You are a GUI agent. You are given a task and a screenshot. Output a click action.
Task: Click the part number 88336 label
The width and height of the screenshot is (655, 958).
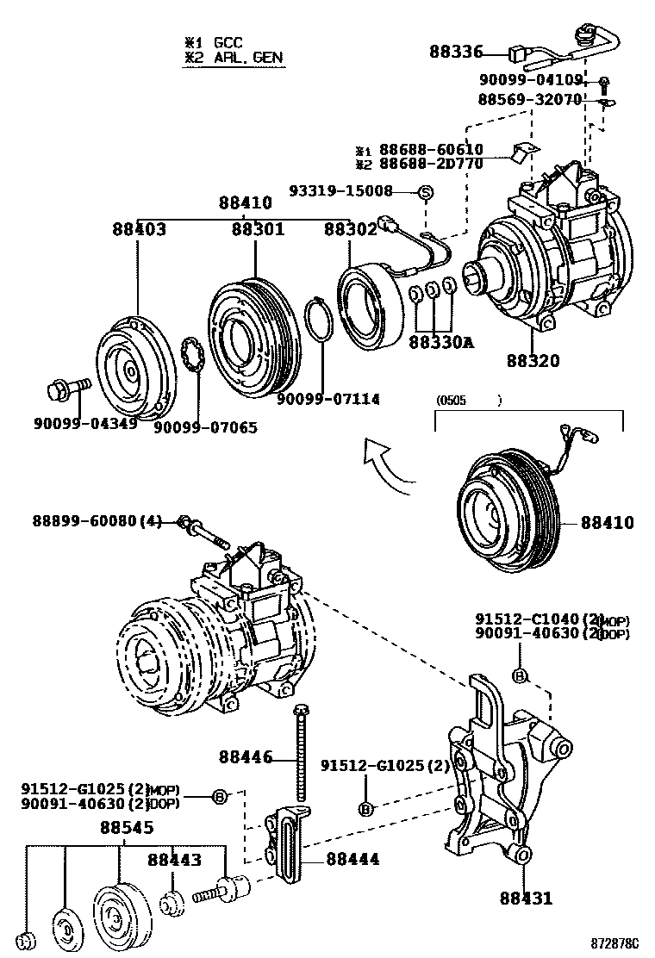pos(457,52)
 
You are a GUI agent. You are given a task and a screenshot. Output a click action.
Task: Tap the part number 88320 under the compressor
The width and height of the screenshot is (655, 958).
pos(533,361)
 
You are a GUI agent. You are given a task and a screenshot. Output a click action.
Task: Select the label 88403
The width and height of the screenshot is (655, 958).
pos(139,229)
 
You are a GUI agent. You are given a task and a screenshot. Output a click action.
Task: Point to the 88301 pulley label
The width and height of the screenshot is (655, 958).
pos(257,229)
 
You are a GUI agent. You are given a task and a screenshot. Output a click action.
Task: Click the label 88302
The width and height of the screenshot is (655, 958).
pos(350,229)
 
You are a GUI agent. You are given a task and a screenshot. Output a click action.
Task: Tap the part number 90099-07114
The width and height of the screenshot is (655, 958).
pos(328,399)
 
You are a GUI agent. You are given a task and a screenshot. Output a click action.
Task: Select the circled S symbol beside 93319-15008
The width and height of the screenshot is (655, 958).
pos(425,191)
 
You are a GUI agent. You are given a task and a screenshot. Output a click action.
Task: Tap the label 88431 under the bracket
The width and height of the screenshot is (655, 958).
pos(526,899)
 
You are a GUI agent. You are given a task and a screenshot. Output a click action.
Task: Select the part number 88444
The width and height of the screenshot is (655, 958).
pos(352,859)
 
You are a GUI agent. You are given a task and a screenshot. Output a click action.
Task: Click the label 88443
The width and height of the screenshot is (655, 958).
pos(174,859)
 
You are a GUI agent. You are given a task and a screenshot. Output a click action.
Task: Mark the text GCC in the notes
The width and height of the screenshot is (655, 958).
pos(227,41)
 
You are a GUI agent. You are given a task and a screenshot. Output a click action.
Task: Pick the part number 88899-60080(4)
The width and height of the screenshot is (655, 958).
pos(97,521)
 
